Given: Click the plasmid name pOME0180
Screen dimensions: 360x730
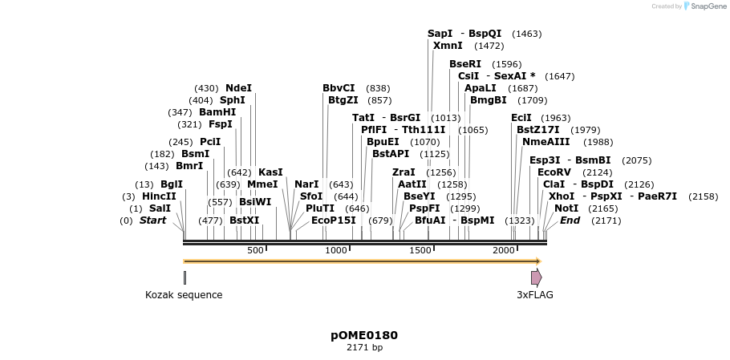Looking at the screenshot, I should (364, 335).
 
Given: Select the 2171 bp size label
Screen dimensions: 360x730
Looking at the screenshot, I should (364, 348).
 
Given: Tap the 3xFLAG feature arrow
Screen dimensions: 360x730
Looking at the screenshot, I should (536, 277).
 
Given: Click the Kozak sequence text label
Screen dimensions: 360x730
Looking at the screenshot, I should (184, 295).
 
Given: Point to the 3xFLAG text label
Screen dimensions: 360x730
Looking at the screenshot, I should (534, 295).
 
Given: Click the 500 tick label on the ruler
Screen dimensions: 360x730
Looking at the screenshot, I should (255, 251).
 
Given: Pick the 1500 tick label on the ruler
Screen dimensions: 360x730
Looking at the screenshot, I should (420, 251).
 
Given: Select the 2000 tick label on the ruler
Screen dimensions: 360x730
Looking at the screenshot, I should (504, 251).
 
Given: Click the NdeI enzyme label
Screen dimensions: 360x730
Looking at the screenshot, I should (238, 88).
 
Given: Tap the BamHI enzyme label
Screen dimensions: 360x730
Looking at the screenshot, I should (217, 112).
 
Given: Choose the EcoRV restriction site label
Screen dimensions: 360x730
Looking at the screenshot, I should (554, 172).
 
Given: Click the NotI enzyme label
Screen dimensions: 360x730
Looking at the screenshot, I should (566, 208).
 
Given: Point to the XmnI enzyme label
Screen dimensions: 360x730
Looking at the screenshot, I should (448, 46).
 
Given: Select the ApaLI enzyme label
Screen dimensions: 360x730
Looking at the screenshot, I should (480, 88).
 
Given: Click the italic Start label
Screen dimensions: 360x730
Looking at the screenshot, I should (152, 220).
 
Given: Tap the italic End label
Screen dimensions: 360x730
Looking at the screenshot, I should (570, 220).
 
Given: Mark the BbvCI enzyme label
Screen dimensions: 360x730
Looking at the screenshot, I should (339, 88).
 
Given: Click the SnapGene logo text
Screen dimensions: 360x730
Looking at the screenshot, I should (704, 6).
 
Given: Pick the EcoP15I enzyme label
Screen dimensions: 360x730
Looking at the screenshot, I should (333, 220).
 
